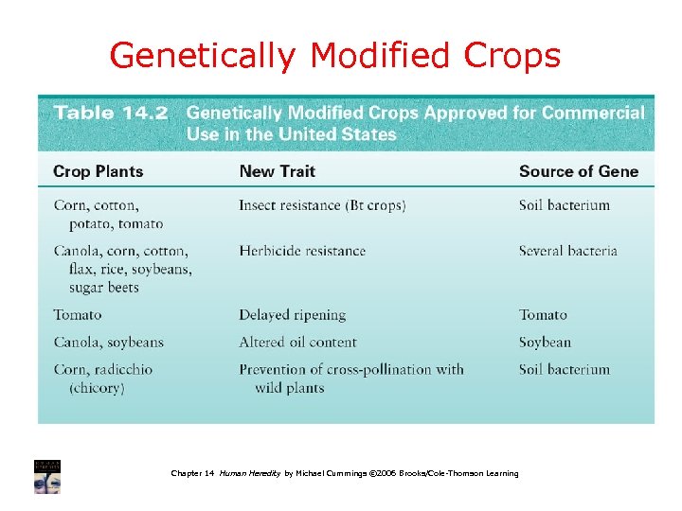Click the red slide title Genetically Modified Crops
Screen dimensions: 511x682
(335, 57)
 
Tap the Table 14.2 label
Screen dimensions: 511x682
(111, 114)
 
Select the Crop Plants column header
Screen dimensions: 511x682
(99, 171)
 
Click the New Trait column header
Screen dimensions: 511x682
(277, 171)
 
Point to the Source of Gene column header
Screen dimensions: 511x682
(579, 171)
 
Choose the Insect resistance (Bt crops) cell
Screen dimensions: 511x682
(322, 205)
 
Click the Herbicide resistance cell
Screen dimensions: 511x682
(302, 251)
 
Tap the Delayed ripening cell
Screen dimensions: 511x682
(292, 315)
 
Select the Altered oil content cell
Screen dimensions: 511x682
(297, 343)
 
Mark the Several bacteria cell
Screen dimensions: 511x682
(567, 251)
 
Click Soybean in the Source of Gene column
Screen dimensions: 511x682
(545, 343)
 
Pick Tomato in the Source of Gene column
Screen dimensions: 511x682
(543, 315)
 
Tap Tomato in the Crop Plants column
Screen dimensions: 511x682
(78, 315)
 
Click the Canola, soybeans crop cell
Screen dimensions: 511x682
(108, 343)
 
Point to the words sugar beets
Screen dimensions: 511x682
(104, 288)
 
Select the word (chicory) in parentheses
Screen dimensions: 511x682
(97, 388)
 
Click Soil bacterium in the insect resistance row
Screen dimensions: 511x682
(565, 205)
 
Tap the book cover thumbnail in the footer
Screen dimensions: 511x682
(47, 477)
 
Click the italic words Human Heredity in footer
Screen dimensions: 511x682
(250, 473)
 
